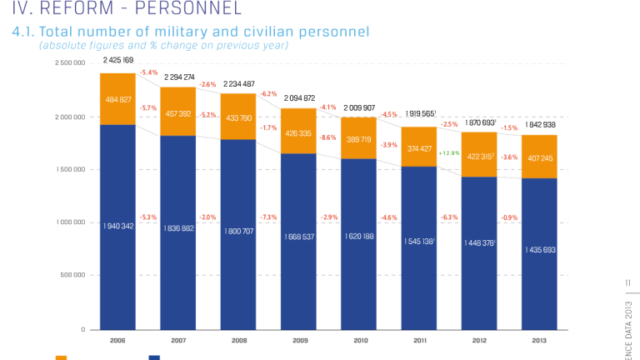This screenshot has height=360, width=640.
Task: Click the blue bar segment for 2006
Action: click(x=117, y=225)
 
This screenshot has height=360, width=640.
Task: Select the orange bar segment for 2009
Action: click(x=298, y=132)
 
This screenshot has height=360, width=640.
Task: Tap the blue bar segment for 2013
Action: click(x=539, y=254)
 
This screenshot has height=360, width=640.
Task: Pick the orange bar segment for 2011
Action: click(x=419, y=147)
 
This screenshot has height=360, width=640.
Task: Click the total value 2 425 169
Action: click(x=118, y=61)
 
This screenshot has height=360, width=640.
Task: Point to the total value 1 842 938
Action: click(x=540, y=124)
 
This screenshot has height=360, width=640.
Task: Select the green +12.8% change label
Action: click(x=449, y=153)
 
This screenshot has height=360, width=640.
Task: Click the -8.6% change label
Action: click(x=327, y=137)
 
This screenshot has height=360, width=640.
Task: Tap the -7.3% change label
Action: click(x=267, y=217)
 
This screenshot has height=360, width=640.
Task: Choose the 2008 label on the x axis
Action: click(x=238, y=340)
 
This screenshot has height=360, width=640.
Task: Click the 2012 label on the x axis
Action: click(x=479, y=340)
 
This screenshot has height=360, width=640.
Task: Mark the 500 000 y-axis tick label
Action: click(x=72, y=276)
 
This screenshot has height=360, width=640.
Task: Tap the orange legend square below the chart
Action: click(x=61, y=357)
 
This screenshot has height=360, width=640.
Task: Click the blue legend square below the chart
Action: click(x=154, y=357)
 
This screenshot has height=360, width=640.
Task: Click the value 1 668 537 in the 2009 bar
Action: click(x=298, y=237)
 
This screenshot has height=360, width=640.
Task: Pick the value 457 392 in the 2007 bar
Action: click(x=178, y=114)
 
